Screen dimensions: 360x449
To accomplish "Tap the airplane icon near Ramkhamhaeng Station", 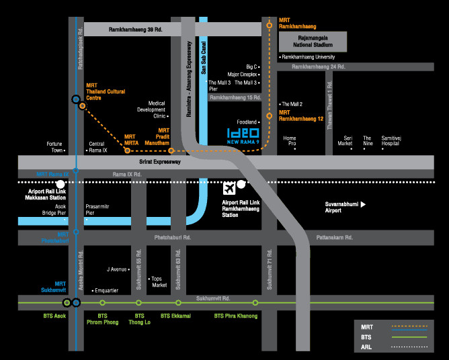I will (x=229, y=187).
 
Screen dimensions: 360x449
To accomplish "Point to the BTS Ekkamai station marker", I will (x=178, y=303).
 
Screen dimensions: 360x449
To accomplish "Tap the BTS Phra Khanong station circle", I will (x=255, y=303).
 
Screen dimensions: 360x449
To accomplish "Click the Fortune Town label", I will (x=54, y=146).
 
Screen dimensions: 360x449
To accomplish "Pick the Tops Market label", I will (x=159, y=281).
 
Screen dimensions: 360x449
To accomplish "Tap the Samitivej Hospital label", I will (x=395, y=140).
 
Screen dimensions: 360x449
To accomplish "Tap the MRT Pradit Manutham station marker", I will (x=171, y=150).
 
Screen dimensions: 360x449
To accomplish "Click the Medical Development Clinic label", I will (x=152, y=109).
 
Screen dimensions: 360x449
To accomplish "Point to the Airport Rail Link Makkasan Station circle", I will (x=60, y=183).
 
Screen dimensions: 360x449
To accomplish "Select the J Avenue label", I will (x=118, y=269).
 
